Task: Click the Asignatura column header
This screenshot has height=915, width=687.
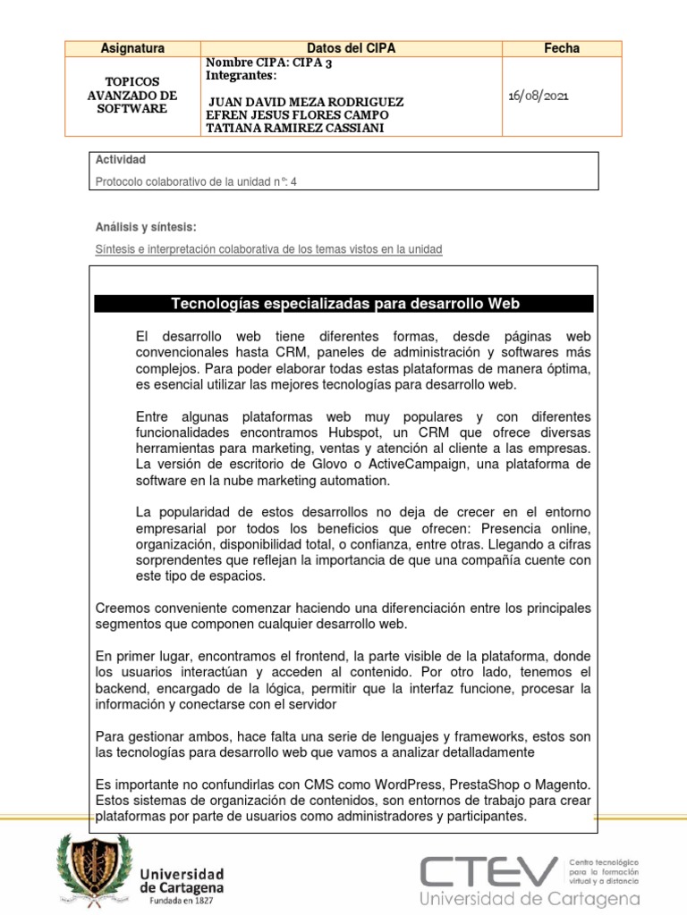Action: coord(132,48)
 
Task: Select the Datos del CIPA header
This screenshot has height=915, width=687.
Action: coord(351,48)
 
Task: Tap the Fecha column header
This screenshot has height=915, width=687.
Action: coord(562,48)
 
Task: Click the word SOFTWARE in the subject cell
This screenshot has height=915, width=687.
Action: coord(132,108)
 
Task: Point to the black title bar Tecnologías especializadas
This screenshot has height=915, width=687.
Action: coord(344,304)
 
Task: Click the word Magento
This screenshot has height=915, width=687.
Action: coord(561,785)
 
